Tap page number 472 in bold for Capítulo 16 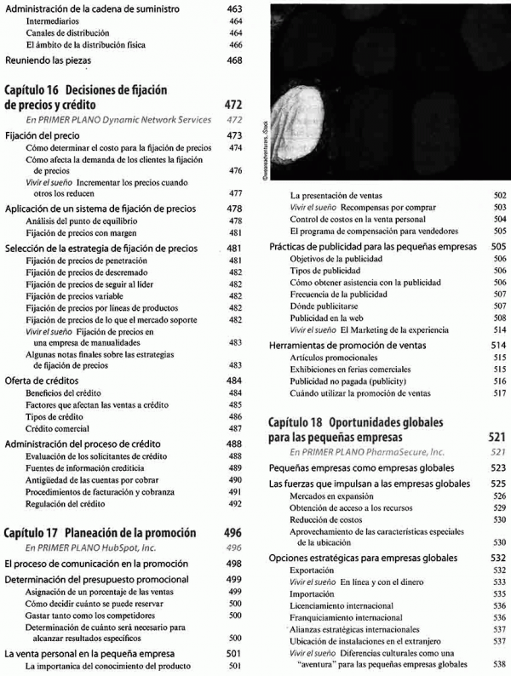click(x=234, y=105)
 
